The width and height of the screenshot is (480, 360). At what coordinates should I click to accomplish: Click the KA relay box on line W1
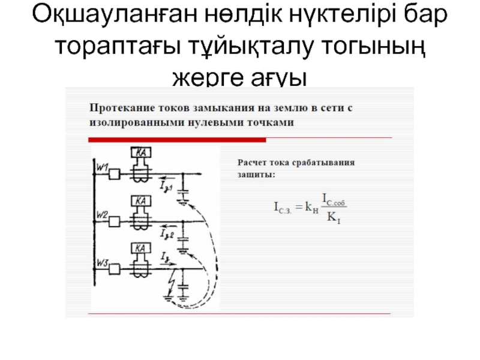pyautogui.click(x=142, y=153)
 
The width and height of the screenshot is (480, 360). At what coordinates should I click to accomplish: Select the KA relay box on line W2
pyautogui.click(x=142, y=202)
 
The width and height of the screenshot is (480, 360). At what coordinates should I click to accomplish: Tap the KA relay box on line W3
pyautogui.click(x=142, y=248)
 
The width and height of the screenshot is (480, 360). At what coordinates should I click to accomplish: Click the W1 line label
pyautogui.click(x=102, y=169)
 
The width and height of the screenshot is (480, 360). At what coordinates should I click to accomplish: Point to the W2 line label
pyautogui.click(x=102, y=215)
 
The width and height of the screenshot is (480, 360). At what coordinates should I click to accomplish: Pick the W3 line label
pyautogui.click(x=102, y=262)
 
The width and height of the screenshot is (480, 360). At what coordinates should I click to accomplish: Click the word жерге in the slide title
pyautogui.click(x=205, y=77)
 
